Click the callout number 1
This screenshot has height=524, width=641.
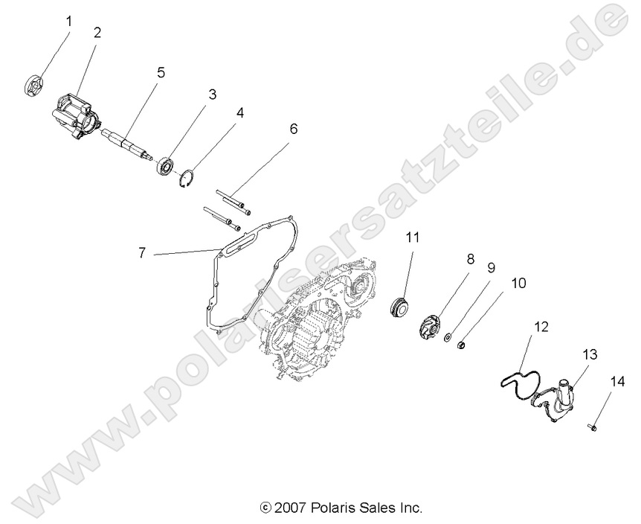click(x=69, y=21)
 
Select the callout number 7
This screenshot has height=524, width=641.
click(x=141, y=253)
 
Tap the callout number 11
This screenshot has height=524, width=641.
click(x=413, y=237)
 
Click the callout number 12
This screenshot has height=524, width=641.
click(x=541, y=326)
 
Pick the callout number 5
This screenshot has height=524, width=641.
click(x=160, y=73)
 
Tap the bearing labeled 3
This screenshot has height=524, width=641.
click(x=165, y=164)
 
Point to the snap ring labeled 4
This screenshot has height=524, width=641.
click(x=187, y=179)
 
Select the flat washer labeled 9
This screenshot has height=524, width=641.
click(x=448, y=339)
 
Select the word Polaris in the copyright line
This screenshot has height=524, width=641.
click(x=333, y=508)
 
